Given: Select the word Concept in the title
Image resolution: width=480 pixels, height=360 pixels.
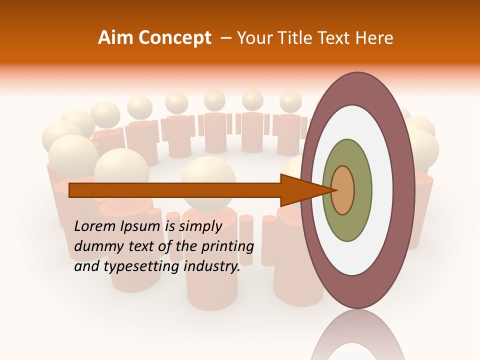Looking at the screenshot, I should coord(174,38).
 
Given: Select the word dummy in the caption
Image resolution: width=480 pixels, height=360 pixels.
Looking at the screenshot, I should coord(95,246).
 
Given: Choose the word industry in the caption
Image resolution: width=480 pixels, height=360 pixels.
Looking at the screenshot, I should coord(212,266).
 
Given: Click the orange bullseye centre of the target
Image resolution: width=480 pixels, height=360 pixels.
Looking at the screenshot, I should coord(343,190).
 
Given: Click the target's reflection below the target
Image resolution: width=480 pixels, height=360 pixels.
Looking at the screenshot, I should coord(357,335).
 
